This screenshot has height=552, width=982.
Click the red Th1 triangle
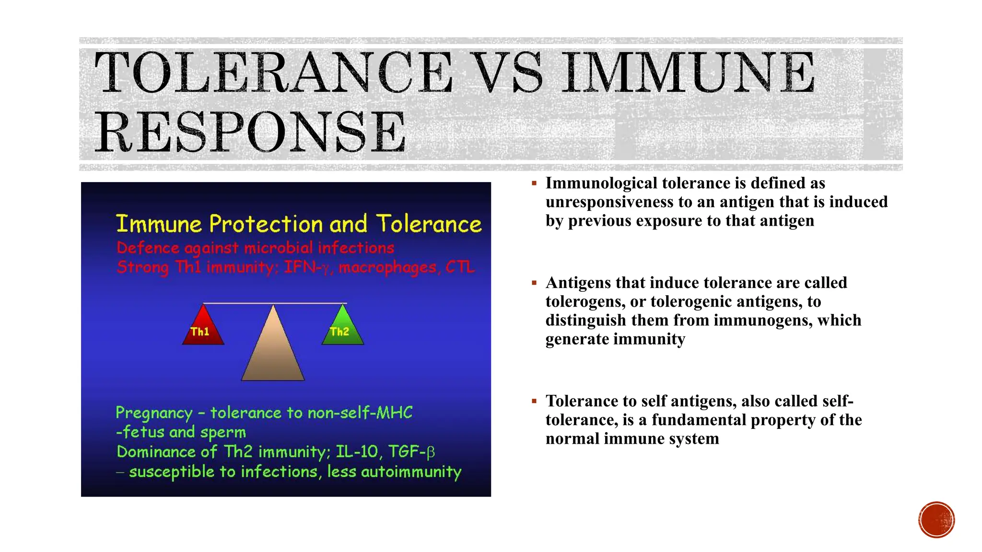click(203, 328)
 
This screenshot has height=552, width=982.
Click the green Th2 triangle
click(342, 328)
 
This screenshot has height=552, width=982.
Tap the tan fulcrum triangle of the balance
click(273, 350)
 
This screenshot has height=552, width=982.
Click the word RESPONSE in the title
click(251, 132)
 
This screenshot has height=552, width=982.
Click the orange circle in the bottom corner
click(936, 520)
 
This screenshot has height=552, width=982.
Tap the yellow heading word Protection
click(266, 224)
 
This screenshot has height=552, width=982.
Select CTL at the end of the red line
click(460, 266)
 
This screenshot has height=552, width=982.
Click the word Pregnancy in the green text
click(154, 413)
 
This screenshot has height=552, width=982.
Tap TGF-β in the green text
click(411, 451)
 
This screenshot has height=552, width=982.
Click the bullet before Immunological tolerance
click(534, 183)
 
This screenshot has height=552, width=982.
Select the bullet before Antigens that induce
click(534, 283)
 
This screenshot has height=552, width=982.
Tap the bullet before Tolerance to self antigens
click(534, 401)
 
